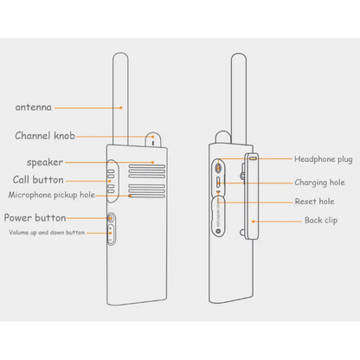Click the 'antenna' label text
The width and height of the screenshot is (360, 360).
pyautogui.click(x=33, y=108)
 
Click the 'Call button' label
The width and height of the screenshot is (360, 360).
pyautogui.click(x=37, y=179)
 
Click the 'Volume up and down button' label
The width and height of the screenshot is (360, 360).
pyautogui.click(x=47, y=233)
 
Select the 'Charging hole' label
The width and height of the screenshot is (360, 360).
pyautogui.click(x=319, y=183)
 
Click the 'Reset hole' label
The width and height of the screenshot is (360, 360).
pyautogui.click(x=313, y=201)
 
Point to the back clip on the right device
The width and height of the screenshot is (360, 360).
pyautogui.click(x=253, y=199)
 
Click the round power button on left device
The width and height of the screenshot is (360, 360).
pyautogui.click(x=111, y=220)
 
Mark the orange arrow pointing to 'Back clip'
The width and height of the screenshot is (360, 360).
pyautogui.click(x=279, y=221)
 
